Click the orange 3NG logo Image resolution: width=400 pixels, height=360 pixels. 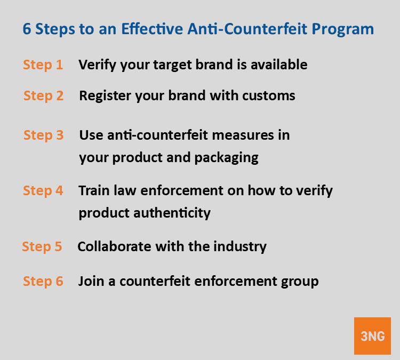point(372,336)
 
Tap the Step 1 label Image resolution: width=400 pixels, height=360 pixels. point(43,65)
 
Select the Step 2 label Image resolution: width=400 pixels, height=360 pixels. point(44,96)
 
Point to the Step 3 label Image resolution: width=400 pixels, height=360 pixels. point(44,135)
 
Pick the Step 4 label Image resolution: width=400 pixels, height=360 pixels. point(43,190)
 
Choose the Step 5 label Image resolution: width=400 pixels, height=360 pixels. point(42,246)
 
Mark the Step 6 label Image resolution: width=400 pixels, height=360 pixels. point(43,281)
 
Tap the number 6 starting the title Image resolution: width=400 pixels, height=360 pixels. point(27,29)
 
